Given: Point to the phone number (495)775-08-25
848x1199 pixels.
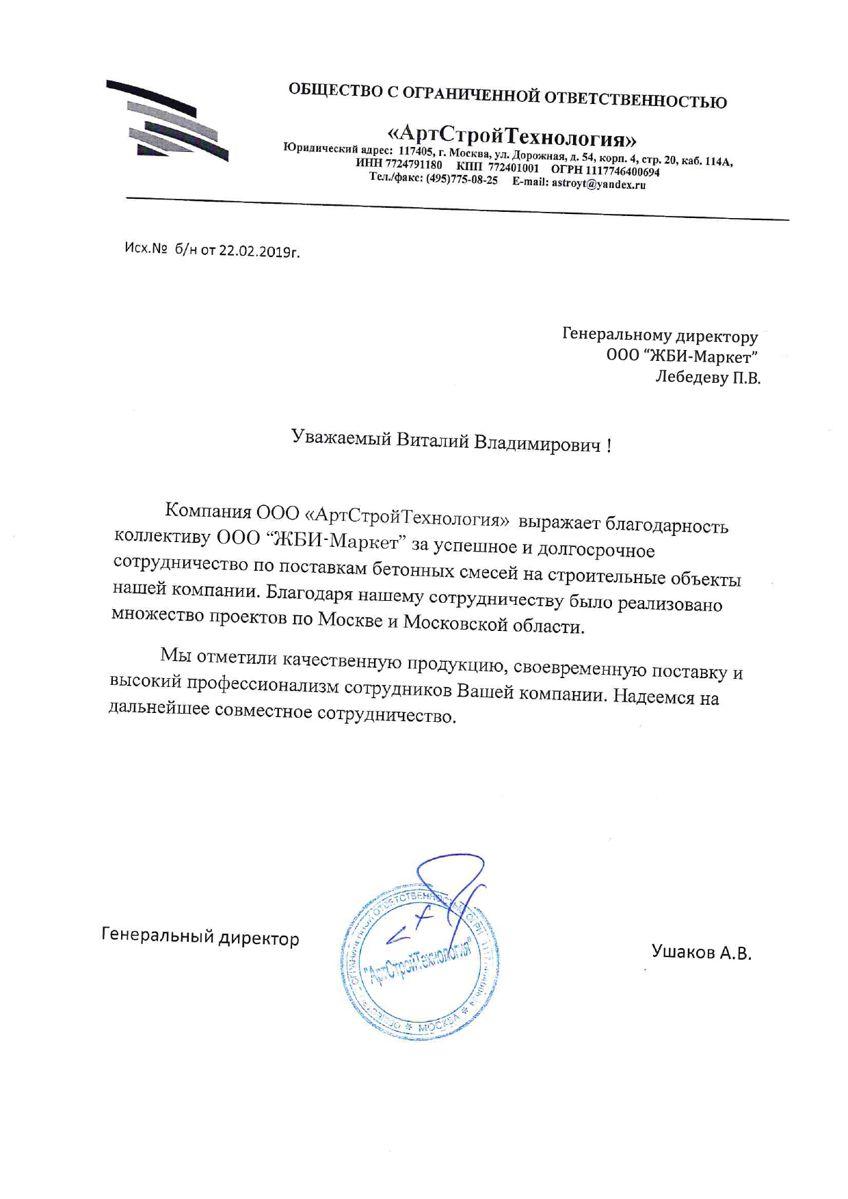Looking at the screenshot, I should [462, 180].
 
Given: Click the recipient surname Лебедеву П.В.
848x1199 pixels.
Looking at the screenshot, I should [708, 377].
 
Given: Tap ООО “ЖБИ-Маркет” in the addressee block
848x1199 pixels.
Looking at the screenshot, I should [682, 357].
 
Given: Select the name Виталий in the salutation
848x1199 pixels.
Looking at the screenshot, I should [434, 440].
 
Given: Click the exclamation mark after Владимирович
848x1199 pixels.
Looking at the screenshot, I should [609, 446].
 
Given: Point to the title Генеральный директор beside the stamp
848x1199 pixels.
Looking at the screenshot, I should [200, 937].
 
